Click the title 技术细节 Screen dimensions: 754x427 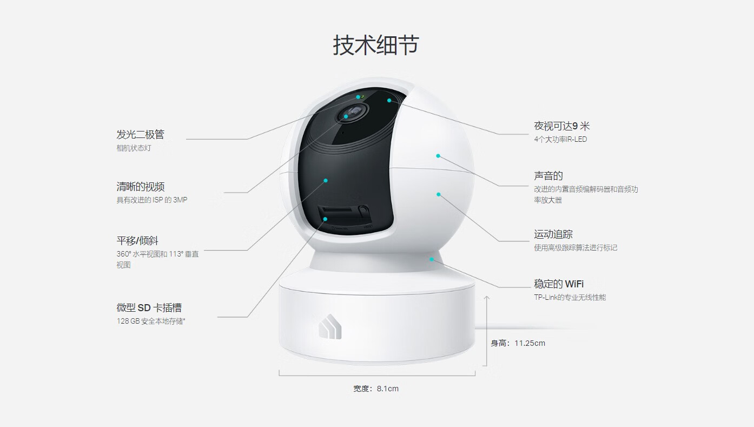[376, 45]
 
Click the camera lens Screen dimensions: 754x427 [352, 113]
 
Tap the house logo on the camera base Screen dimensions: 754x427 [330, 326]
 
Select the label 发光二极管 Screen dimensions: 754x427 [141, 134]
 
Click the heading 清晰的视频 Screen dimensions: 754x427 [141, 187]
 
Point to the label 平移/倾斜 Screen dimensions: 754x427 [137, 241]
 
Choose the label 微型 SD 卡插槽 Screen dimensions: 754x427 [149, 307]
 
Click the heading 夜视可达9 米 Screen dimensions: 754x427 [562, 126]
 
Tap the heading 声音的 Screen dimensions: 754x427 [548, 176]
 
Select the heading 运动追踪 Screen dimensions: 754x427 [553, 234]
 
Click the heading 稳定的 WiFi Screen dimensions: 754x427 [559, 284]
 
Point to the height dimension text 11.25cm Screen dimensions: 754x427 [530, 343]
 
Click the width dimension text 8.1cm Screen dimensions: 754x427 [387, 389]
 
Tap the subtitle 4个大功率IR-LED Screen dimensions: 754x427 [560, 140]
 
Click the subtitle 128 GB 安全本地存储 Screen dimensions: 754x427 [151, 321]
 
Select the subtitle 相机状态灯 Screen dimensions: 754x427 [134, 148]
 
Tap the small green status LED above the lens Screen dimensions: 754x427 [362, 97]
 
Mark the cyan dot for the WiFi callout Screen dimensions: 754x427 [432, 259]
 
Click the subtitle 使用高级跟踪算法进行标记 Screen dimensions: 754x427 [576, 248]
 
